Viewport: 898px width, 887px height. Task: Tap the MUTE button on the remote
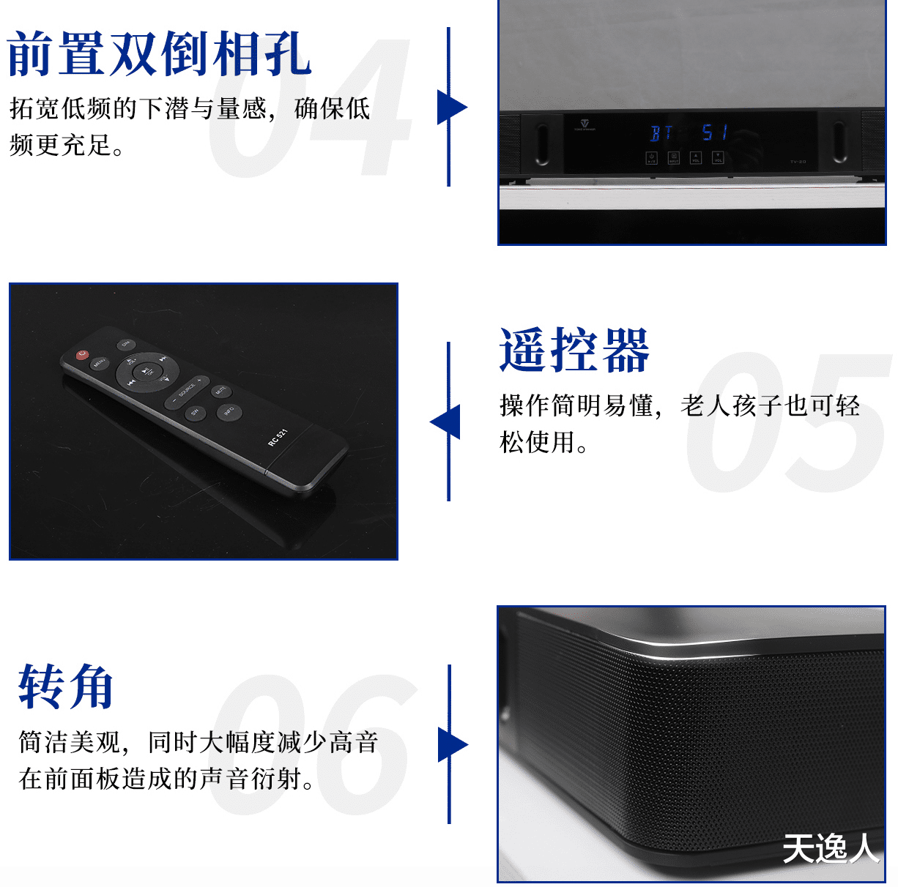click(220, 391)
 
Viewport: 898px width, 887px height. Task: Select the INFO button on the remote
click(229, 411)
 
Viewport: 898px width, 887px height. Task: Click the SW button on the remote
click(195, 412)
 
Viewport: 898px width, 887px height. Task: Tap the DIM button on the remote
click(125, 343)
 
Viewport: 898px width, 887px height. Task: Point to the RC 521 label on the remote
click(278, 437)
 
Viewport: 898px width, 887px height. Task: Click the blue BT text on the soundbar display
click(661, 133)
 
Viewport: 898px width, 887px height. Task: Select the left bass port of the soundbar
click(542, 143)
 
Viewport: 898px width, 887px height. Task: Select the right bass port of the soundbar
click(839, 142)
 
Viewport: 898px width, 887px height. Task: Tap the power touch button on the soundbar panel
click(651, 157)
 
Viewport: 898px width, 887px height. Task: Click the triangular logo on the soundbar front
click(585, 124)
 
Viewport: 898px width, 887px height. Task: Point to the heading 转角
click(66, 686)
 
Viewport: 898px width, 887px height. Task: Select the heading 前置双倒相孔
click(160, 54)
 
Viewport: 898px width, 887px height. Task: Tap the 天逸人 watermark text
click(831, 849)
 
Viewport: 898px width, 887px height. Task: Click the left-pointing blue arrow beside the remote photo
click(445, 422)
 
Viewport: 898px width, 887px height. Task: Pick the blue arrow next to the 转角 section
click(452, 745)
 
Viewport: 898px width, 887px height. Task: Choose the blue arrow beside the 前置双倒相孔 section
click(451, 107)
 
